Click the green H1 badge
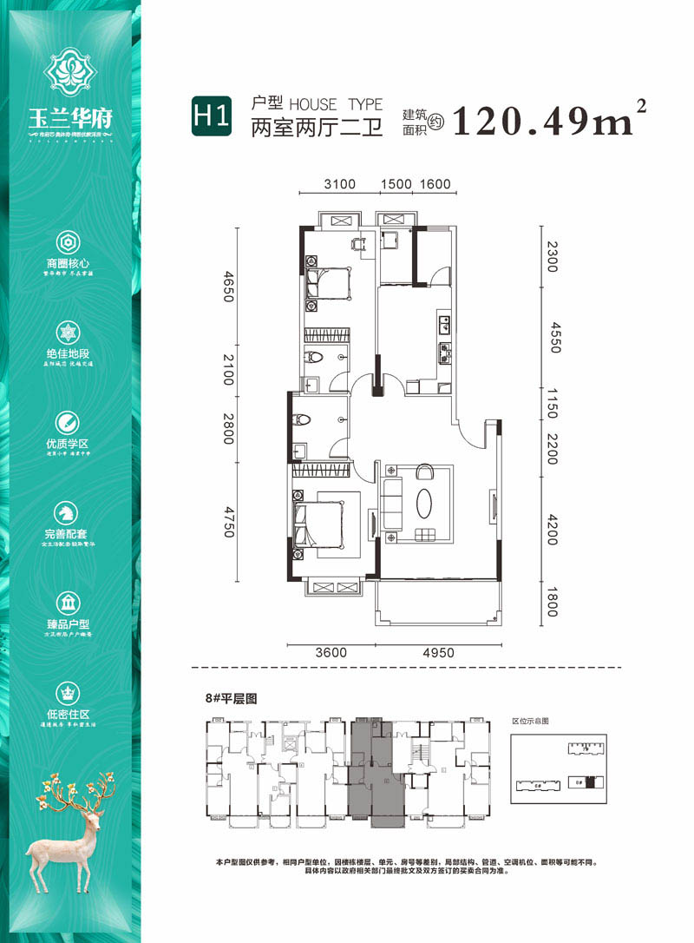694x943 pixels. click(x=212, y=115)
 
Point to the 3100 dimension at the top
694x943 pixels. click(x=340, y=183)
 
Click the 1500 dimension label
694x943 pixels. click(x=396, y=183)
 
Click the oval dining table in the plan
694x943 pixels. click(x=424, y=504)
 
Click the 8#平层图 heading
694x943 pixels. click(x=231, y=697)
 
